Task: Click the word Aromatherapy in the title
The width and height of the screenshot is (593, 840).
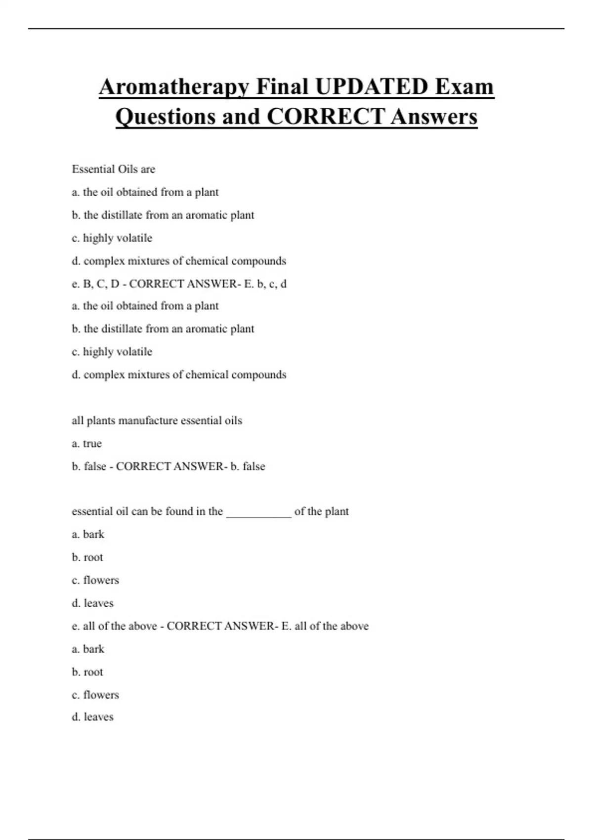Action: click(173, 87)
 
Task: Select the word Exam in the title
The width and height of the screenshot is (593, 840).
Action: click(465, 87)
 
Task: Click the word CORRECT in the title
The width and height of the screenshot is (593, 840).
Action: click(326, 117)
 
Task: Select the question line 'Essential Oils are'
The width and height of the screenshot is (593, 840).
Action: click(114, 169)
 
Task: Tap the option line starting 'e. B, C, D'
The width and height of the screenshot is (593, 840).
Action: click(179, 284)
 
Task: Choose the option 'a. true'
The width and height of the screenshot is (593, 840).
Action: click(86, 443)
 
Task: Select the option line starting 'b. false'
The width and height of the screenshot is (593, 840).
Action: click(168, 466)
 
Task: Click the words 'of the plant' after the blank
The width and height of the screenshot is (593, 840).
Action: click(321, 511)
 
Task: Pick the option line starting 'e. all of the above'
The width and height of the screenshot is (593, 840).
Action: click(220, 626)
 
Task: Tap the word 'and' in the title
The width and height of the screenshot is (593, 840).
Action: click(242, 117)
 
